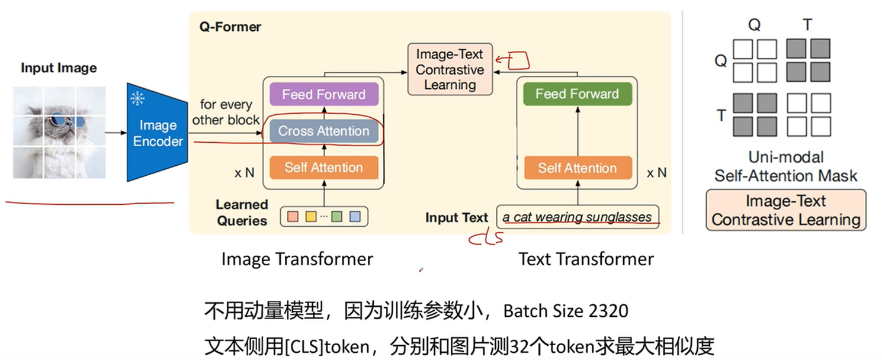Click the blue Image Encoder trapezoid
coord(158,133)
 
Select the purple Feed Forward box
coord(323,94)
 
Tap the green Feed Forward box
coord(577,94)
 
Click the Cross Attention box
coord(323,131)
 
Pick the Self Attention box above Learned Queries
coord(323,168)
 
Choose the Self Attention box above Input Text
coord(577,168)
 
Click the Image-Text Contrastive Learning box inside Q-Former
coord(450,70)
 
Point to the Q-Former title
coord(230,27)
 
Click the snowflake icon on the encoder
coord(138,98)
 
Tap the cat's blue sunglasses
coord(67,121)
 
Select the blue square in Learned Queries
coord(354,217)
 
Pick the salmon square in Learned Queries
coord(293,217)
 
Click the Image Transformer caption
coord(297,259)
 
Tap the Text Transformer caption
coord(586,259)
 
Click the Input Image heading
coord(59,68)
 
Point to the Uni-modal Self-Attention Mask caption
coord(785,166)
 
